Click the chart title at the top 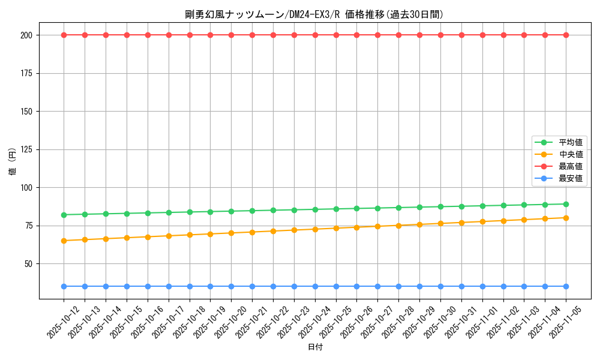pos(314,14)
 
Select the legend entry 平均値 pos(570,142)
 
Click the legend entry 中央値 pos(570,154)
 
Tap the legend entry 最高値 pos(570,166)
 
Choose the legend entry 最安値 pos(570,178)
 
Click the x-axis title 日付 pos(315,347)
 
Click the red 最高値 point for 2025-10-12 pos(64,35)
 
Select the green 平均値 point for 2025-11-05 pos(566,204)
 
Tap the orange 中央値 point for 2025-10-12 pos(64,241)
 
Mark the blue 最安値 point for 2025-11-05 pos(566,286)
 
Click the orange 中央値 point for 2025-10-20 pos(231,233)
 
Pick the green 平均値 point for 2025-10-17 pos(169,212)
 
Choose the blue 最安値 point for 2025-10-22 pos(273,286)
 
